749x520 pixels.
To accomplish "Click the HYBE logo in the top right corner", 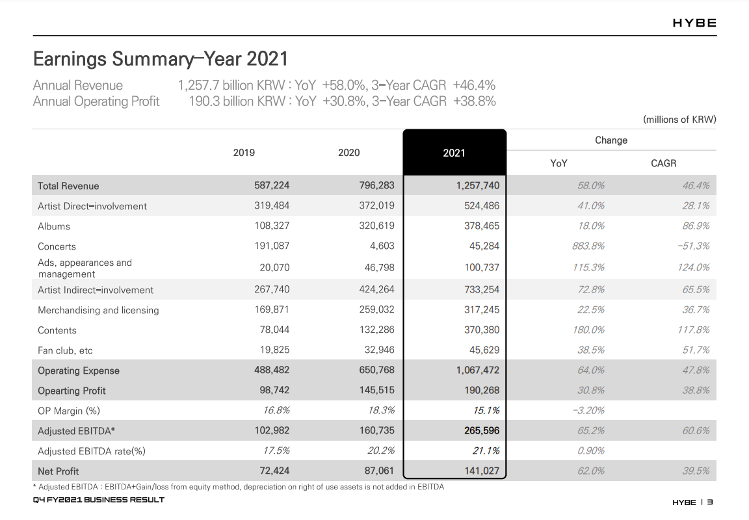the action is pos(694,23).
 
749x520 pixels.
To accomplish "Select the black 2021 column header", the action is pos(454,152).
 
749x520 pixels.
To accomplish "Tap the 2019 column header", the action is pos(244,153).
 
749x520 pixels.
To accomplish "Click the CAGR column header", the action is pos(663,163).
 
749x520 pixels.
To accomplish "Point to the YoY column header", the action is pos(558,163).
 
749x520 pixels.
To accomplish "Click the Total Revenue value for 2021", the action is pos(478,185).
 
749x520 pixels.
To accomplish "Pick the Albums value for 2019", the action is pos(272,226).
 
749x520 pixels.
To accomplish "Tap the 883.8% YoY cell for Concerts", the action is pos(588,246).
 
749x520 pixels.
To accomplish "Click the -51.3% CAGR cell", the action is pos(693,246).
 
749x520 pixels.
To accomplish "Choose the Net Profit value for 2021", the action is pos(482,471).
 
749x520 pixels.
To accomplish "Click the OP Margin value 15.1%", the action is pos(486,410).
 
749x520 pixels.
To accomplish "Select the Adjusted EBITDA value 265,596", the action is pos(482,430).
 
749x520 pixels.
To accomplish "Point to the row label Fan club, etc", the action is pos(65,350).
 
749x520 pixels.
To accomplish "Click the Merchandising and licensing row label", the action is pos(98,310).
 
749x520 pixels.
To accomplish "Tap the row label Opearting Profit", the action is pos(72,391).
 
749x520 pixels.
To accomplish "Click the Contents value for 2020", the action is pos(377,330).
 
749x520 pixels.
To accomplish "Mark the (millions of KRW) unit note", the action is pos(679,120).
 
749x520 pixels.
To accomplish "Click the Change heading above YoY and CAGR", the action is pos(611,140).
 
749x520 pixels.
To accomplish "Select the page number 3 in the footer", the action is pos(710,502).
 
